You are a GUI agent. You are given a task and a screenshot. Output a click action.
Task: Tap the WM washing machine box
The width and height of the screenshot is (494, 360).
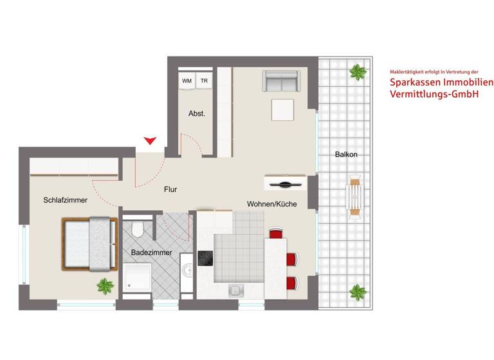(x=187, y=81)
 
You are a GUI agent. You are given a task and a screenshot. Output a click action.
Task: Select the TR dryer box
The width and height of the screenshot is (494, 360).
(x=204, y=81)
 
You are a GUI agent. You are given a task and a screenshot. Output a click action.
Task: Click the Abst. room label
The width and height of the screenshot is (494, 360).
(x=197, y=113)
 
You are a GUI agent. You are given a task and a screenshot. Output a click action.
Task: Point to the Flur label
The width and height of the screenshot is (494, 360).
(x=170, y=189)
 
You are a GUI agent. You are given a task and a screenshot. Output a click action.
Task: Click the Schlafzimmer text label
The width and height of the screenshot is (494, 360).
(x=65, y=200)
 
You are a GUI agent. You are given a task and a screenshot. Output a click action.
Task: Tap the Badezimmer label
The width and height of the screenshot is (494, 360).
(x=151, y=253)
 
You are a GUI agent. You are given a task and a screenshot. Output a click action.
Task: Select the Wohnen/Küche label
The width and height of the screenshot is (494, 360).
(x=271, y=204)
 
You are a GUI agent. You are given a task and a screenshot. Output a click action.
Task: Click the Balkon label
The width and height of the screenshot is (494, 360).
(x=346, y=155)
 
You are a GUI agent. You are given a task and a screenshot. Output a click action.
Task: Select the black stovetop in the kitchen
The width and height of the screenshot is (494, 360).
(x=205, y=258)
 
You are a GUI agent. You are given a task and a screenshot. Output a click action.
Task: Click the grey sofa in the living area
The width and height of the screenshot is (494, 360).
(x=280, y=82)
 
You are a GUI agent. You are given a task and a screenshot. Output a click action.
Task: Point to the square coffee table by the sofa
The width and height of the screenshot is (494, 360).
(x=282, y=110)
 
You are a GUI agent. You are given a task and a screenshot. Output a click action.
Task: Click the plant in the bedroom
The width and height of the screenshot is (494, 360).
(x=104, y=285)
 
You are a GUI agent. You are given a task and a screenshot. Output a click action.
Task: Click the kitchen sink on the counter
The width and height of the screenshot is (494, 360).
(x=235, y=291)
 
